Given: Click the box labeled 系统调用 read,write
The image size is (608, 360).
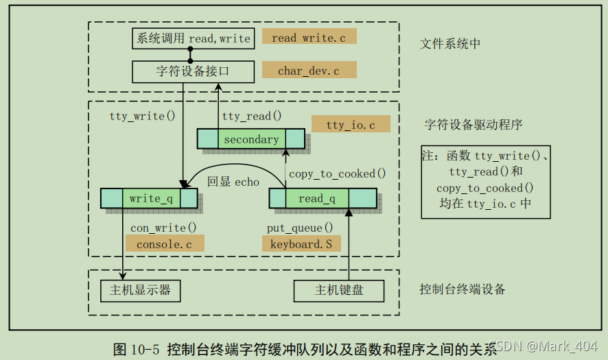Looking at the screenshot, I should coord(193,38).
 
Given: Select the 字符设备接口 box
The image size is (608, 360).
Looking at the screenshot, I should coord(193,71).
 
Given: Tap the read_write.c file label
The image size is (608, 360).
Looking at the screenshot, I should coord(309,38).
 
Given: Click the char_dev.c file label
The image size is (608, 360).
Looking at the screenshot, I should coord(309,71).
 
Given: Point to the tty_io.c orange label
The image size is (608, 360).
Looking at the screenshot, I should coord(350,124).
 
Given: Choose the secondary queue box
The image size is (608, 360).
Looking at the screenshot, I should coord(251,140).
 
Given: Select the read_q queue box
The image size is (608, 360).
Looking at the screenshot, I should coord(322,199).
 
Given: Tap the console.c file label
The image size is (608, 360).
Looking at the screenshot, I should coord(165,243).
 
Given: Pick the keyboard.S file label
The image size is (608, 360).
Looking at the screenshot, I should coord(301,243).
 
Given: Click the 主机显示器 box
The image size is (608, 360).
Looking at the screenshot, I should coord(140,291).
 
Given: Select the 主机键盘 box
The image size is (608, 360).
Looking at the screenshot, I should coord(339,291).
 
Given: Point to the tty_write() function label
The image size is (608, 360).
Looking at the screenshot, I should coord(142,116).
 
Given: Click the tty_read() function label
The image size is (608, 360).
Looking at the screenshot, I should coord(252,116).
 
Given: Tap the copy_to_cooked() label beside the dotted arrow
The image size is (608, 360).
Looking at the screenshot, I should coord(337,173).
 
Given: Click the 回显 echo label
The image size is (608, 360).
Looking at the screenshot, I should coord(233,182).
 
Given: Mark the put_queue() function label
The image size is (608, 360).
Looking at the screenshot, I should coord(300,228).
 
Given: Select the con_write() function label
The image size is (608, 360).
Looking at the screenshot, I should coord(163,228).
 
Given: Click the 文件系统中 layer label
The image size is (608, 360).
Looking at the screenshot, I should coord(450,44).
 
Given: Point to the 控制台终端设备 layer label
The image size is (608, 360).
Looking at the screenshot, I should coord(463,289).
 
